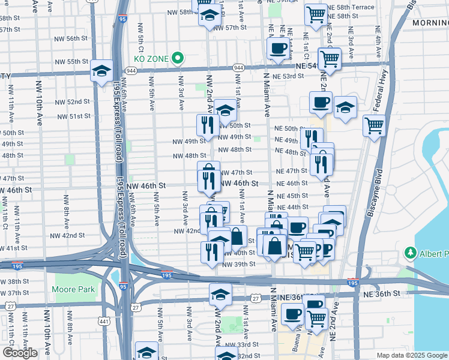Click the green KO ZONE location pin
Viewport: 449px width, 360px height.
click(x=178, y=58)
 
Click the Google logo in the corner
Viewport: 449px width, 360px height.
click(x=19, y=353)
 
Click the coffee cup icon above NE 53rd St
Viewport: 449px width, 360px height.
click(x=277, y=49)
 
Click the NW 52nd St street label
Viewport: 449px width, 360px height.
click(x=74, y=102)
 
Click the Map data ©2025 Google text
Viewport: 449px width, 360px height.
click(x=411, y=355)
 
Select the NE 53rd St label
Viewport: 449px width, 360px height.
click(x=289, y=77)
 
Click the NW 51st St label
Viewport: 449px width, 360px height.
click(x=74, y=116)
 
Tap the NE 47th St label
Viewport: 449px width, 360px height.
click(x=291, y=171)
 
